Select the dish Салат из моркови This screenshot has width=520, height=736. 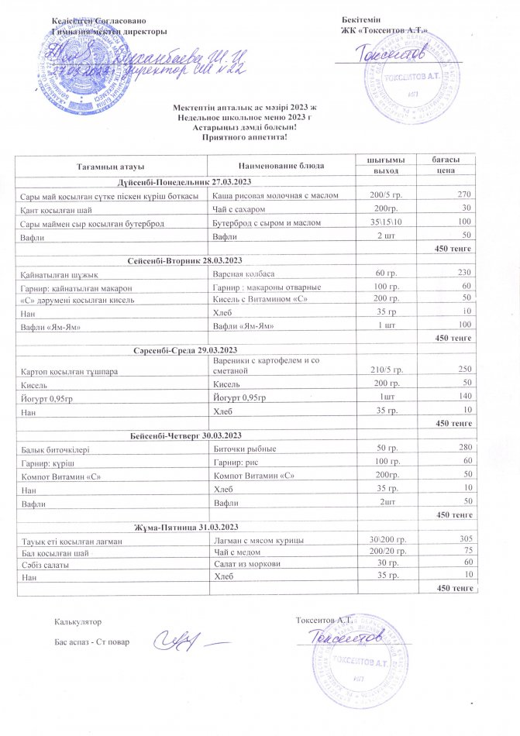[246, 563]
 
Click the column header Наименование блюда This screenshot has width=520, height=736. [276, 165]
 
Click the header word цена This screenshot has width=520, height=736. [445, 170]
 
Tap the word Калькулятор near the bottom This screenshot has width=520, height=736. [77, 621]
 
